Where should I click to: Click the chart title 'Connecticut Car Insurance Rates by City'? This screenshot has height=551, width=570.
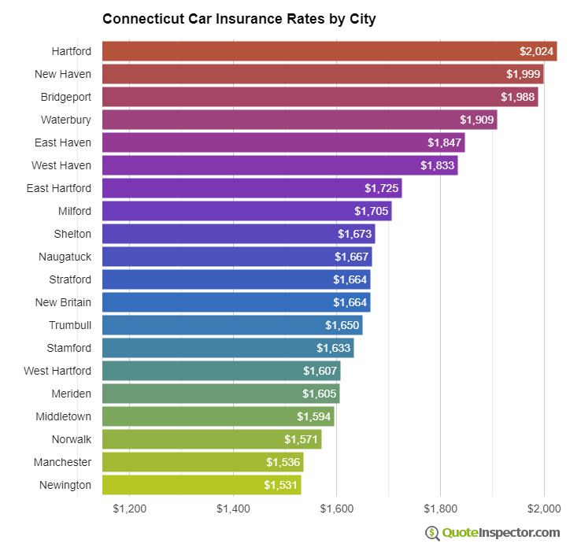point(239,18)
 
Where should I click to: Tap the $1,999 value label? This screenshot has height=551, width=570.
point(523,74)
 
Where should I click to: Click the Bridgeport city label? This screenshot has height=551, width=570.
point(66,97)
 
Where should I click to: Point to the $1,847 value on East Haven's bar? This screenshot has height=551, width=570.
point(444,142)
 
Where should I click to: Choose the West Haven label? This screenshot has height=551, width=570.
point(61,165)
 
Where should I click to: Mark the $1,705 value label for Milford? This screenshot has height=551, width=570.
point(371,211)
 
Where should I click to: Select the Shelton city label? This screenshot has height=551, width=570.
point(72,234)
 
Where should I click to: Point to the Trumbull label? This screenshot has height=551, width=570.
point(69,325)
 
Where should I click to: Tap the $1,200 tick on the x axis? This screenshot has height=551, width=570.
point(130,508)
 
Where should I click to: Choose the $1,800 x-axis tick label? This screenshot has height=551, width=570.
point(440,508)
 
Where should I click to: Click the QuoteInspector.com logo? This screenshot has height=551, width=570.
point(493,533)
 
